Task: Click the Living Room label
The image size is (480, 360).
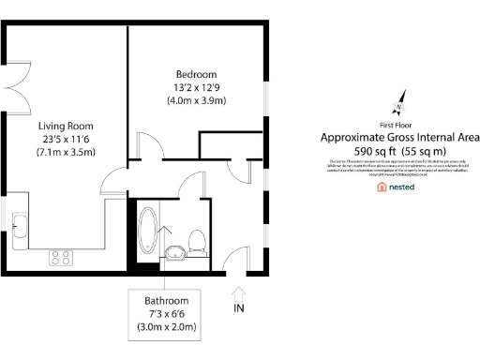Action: (x=66, y=126)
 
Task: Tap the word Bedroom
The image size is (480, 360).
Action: (x=196, y=75)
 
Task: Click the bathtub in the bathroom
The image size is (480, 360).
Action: (x=149, y=232)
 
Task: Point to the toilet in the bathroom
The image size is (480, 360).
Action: (x=197, y=242)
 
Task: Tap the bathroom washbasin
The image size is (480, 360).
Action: (x=174, y=250)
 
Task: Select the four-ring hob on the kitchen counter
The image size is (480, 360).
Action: (x=62, y=255)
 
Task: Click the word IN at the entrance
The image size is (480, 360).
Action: (x=238, y=307)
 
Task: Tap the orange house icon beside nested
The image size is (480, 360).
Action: (x=382, y=187)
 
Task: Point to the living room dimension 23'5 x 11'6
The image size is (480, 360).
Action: (x=66, y=139)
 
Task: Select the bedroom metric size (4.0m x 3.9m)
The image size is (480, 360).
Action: (x=196, y=100)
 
